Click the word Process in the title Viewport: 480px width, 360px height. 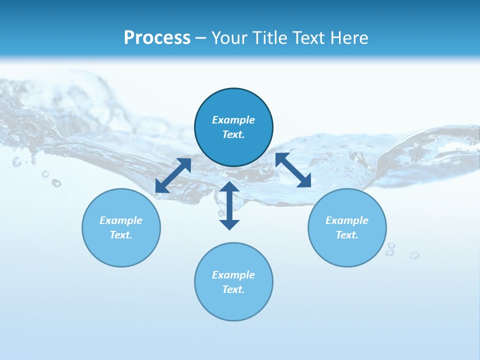point(157,38)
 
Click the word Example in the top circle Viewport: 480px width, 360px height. point(233,120)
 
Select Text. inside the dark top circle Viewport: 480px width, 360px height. point(233,134)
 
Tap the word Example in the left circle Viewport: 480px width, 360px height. point(121,220)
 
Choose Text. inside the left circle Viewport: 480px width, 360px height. point(121,235)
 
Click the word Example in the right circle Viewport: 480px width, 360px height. point(347,220)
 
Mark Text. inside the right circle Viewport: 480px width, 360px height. point(347,235)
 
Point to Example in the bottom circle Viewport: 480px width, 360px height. point(233,275)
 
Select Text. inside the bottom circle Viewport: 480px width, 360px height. point(233,289)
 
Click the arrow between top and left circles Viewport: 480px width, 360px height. point(173,175)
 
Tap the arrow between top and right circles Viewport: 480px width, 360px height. point(293,170)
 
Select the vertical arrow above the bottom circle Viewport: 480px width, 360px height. point(229,205)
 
